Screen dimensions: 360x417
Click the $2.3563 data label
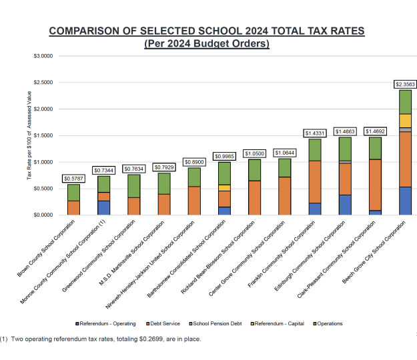tap(406, 84)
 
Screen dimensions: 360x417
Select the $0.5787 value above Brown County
tap(73, 179)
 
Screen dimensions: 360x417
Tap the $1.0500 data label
tap(254, 153)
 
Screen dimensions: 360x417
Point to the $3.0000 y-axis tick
tap(43, 56)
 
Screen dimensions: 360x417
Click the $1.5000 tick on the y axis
tap(43, 135)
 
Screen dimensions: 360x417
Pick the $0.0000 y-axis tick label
tap(43, 215)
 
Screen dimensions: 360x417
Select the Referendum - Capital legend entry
tap(279, 323)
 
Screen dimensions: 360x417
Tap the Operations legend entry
tap(329, 323)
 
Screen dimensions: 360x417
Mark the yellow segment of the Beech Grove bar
tap(405, 121)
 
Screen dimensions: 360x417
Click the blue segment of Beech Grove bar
tap(405, 201)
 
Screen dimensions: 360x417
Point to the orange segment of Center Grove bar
tap(284, 196)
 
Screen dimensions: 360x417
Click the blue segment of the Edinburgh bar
tap(345, 205)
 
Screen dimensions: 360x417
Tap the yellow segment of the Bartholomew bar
tap(224, 188)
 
